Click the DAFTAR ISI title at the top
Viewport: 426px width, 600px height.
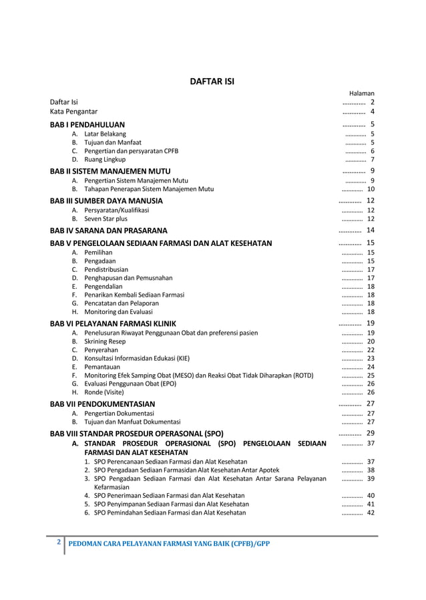coord(213,83)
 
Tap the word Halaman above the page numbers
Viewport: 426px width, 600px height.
coord(362,94)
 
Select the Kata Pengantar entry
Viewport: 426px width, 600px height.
coord(74,112)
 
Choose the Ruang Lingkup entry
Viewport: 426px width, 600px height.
coord(104,160)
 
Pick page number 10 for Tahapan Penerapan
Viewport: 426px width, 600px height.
coord(370,189)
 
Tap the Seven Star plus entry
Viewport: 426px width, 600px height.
coord(105,218)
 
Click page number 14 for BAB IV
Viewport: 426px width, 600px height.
coord(370,231)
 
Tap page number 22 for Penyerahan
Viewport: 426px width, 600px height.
coord(370,350)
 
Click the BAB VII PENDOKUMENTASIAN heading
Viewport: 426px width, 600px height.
coord(103,404)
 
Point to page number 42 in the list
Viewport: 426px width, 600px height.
coord(370,512)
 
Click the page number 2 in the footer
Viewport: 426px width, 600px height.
coord(59,542)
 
